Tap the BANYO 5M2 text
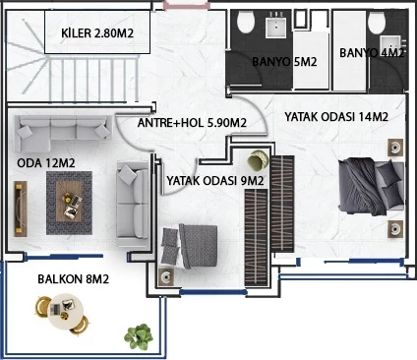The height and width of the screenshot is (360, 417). point(284,62)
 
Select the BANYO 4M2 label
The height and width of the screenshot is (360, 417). point(371,53)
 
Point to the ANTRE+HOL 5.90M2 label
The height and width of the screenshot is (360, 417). point(192,123)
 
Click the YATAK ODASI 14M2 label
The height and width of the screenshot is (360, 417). point(336,117)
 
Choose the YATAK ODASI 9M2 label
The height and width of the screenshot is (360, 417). point(215,181)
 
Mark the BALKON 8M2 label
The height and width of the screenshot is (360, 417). point(73,279)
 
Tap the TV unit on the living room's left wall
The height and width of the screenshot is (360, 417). point(19,205)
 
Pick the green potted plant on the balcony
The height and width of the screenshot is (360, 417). point(138,336)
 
